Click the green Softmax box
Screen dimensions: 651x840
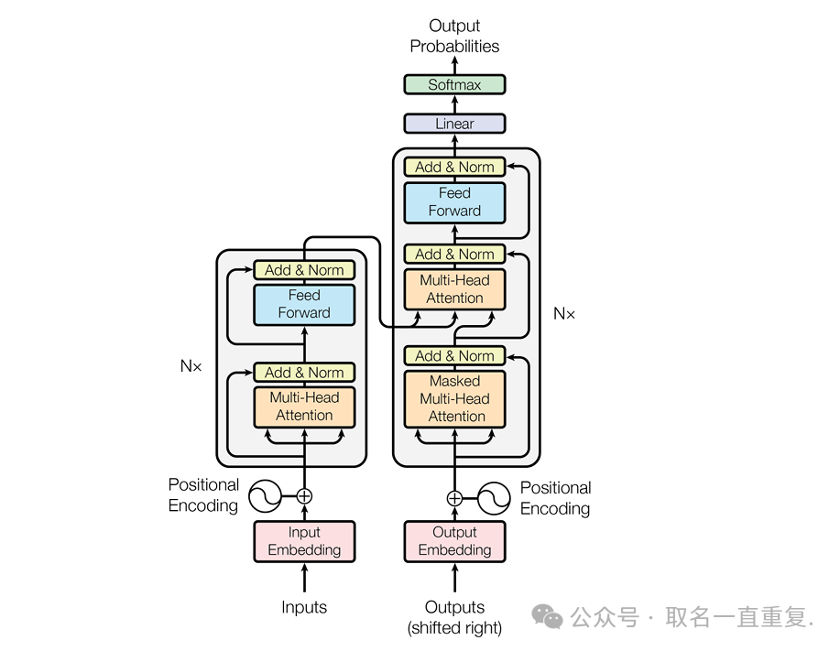454,84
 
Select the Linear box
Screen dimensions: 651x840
454,124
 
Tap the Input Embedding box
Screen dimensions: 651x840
304,541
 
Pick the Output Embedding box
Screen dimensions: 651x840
454,541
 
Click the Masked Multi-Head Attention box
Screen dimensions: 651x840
454,398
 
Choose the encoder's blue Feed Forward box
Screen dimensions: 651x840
304,304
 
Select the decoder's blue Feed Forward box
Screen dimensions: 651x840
454,202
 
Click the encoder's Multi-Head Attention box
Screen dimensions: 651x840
304,407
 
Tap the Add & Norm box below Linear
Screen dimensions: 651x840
454,167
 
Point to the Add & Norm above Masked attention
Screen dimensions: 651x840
454,355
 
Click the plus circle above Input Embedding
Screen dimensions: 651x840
304,495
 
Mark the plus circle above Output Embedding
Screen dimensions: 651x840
454,498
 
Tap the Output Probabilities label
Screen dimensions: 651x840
454,36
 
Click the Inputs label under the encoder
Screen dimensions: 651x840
304,607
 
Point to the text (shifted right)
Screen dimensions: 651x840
454,628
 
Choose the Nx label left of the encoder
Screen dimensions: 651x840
191,365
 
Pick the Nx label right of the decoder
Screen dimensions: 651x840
564,313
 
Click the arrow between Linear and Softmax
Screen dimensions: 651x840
454,104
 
